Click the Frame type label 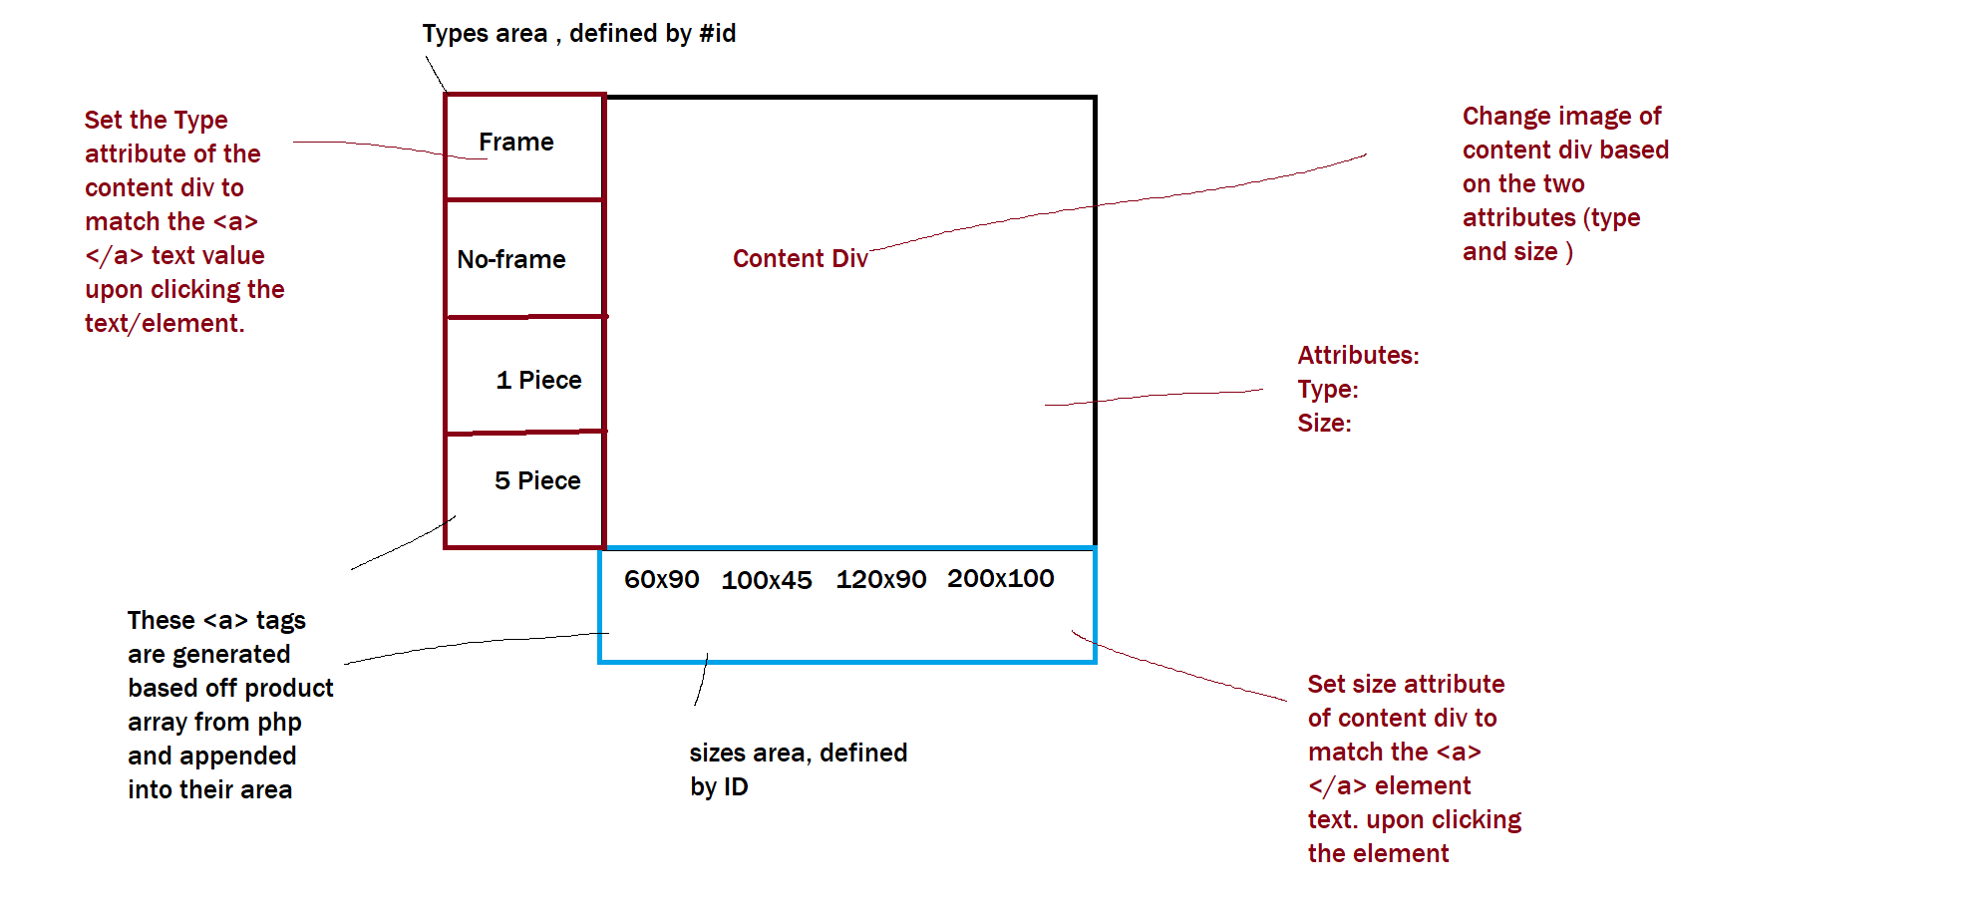[515, 143]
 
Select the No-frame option [510, 260]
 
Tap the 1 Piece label [538, 381]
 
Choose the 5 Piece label [537, 481]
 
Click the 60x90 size [661, 580]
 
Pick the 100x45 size [766, 581]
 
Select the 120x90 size [880, 580]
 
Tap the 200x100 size [1000, 579]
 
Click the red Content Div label [800, 259]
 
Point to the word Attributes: [1358, 356]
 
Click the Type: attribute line [1327, 390]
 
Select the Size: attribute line [1324, 424]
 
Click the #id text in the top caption [717, 34]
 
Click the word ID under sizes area [735, 787]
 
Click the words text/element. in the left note [165, 324]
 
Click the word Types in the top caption [455, 34]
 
